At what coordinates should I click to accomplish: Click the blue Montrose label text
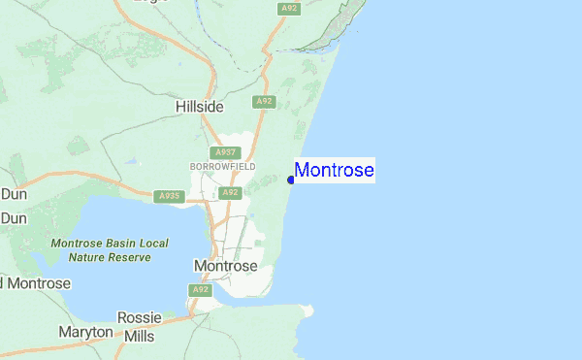pos(335,171)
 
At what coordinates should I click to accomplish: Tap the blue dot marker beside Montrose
pos(291,180)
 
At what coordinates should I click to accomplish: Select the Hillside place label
pos(200,107)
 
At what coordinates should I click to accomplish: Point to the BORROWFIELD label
pos(222,167)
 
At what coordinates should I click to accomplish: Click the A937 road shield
pos(225,152)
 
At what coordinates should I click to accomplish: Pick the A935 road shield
pos(168,196)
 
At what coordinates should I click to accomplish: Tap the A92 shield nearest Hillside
pos(264,101)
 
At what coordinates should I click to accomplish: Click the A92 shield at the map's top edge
pos(288,8)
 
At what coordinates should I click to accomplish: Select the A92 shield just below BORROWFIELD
pos(230,192)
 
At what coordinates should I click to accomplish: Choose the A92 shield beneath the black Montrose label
pos(201,289)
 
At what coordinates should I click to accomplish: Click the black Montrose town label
pos(226,266)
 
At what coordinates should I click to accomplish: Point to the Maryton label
pos(85,332)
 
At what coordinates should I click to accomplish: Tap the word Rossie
pos(139,317)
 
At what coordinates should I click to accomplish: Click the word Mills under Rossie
pos(140,336)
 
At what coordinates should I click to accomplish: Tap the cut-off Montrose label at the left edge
pos(36,283)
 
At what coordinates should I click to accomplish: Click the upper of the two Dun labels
pos(13,194)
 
